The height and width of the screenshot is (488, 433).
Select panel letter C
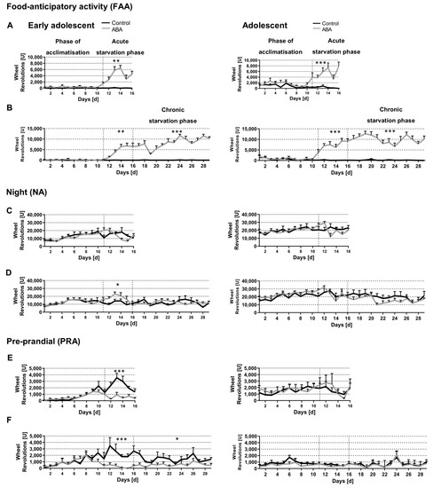[8, 211]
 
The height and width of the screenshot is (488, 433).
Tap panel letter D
[8, 278]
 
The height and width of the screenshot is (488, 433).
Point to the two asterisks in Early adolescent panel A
[116, 61]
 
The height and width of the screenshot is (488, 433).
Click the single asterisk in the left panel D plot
[117, 285]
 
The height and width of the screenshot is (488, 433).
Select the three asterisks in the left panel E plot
[118, 372]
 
